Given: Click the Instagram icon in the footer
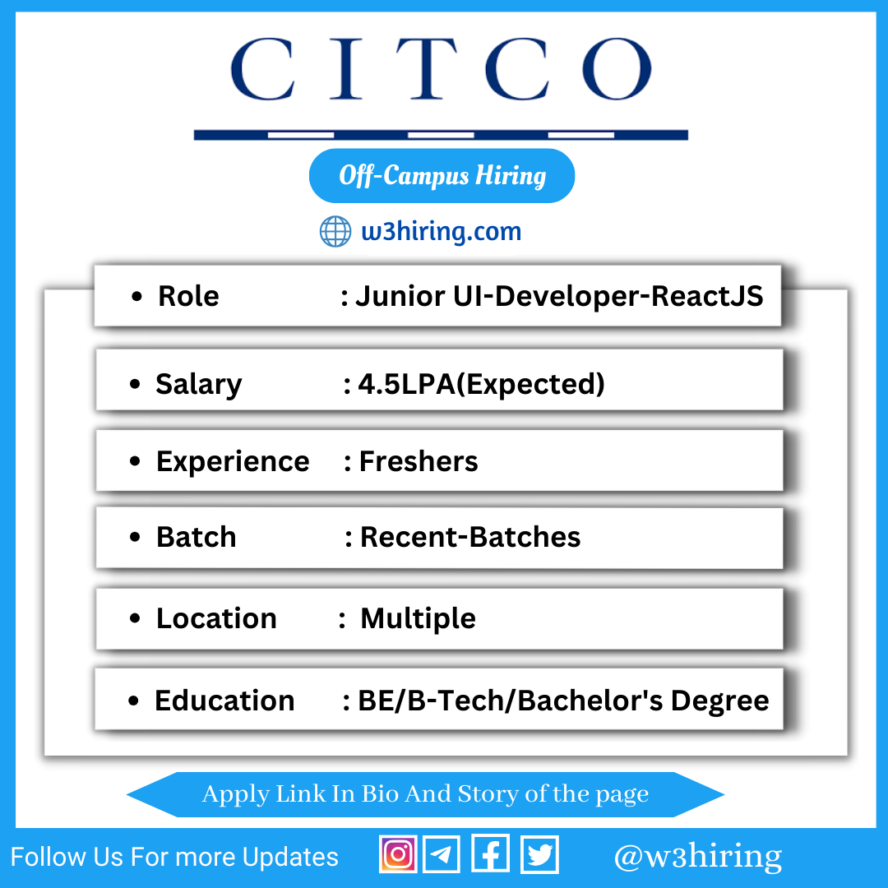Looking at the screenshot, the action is coord(398,854).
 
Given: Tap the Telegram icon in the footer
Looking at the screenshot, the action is coord(442,854).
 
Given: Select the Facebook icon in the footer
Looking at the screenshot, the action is coord(490,854).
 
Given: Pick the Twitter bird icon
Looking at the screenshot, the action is coord(539,854).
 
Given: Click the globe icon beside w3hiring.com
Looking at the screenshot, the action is coord(335,231).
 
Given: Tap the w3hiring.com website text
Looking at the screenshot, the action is coord(442,232).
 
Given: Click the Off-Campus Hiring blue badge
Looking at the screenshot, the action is coord(442,176).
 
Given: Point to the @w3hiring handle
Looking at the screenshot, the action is coord(698,856).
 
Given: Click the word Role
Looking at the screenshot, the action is coord(188,296).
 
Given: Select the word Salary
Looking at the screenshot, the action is coord(199,385).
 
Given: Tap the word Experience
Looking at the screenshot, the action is coord(233,461).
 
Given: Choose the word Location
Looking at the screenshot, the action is coord(216,618).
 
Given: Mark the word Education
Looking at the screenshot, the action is coord(224,701).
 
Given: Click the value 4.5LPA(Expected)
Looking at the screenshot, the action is coord(481,385).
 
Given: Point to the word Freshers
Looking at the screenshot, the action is coord(419,461).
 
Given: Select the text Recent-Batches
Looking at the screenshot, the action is coord(470,537).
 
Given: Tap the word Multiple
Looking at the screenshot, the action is coord(418,618).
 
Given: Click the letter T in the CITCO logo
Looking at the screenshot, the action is coord(426,68).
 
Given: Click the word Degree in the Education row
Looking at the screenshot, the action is coord(719,701).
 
